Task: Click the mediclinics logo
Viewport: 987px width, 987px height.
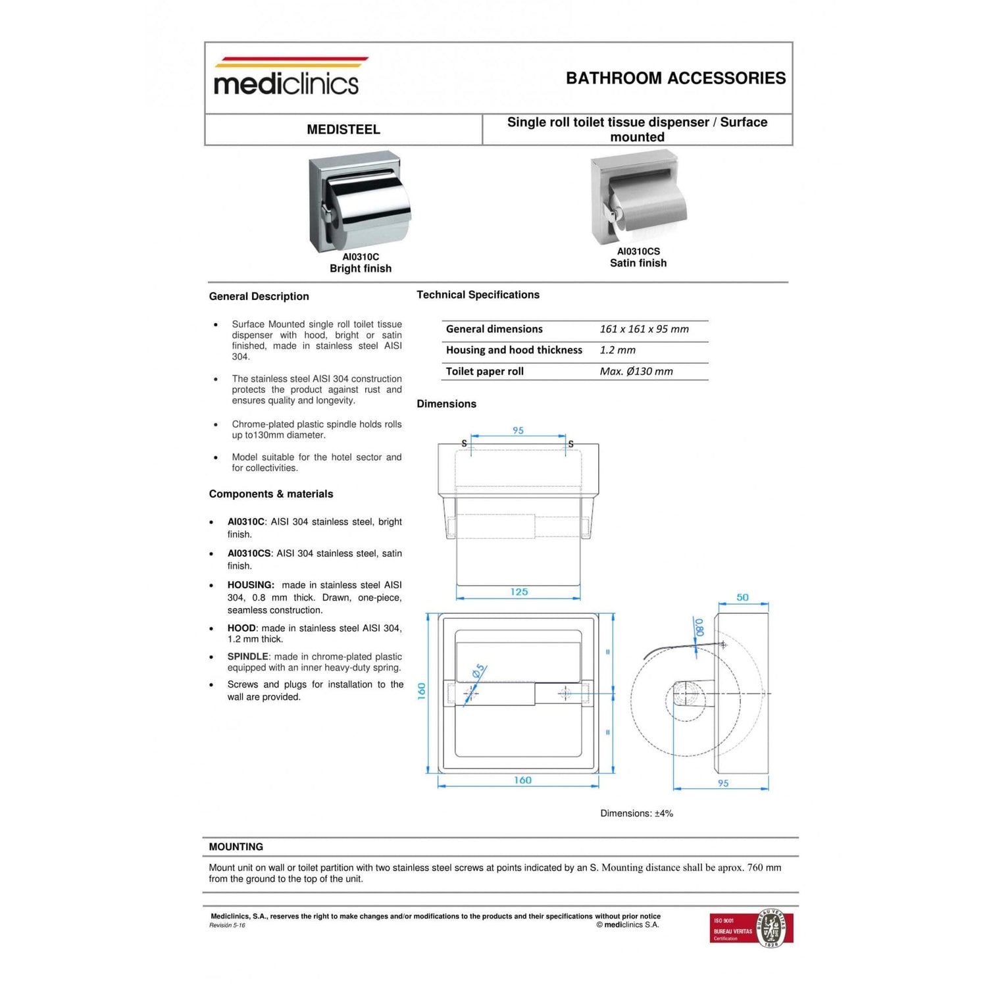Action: point(287,78)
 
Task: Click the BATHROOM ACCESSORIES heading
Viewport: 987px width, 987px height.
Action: point(675,78)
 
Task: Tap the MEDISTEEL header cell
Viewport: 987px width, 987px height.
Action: point(343,130)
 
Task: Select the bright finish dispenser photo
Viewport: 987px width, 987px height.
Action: point(359,203)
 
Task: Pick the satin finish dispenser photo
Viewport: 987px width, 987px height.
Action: point(638,198)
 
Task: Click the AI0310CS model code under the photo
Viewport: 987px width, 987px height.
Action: point(638,251)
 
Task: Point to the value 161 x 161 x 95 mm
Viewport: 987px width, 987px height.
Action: point(644,329)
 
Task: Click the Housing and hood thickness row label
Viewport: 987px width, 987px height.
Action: point(514,350)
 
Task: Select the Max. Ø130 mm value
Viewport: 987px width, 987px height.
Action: point(636,371)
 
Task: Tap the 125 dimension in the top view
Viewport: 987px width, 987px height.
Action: point(519,592)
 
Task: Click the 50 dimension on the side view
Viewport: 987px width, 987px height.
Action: point(742,597)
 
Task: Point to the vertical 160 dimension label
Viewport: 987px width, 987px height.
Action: point(422,691)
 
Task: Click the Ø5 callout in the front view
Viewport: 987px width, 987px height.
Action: point(478,671)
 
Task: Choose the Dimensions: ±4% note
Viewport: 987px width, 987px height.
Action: point(636,813)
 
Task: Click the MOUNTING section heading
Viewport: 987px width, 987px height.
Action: point(236,847)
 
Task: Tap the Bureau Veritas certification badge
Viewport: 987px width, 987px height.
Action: point(751,928)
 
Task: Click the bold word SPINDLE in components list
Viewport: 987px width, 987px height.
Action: point(247,657)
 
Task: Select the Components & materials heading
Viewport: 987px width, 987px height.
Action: point(271,494)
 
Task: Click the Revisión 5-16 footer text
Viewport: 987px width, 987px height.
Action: point(227,925)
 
